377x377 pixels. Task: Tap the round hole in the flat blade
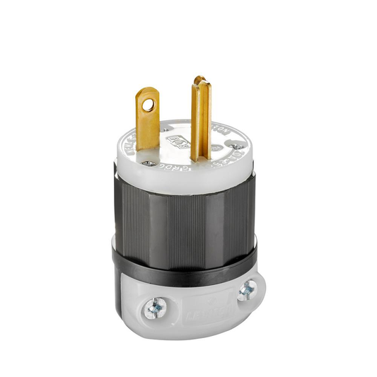pyautogui.click(x=147, y=105)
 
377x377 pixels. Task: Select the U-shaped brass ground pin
pyautogui.click(x=200, y=120)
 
